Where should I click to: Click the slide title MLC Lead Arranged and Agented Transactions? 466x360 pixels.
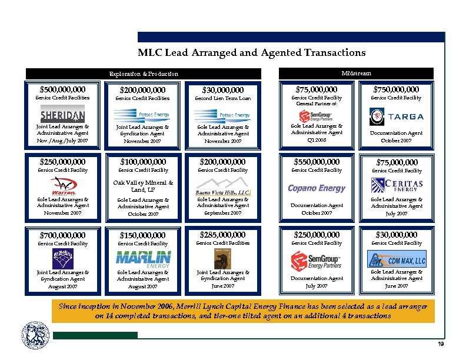[251, 53]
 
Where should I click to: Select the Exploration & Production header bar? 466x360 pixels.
[144, 74]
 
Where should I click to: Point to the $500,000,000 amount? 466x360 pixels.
[62, 89]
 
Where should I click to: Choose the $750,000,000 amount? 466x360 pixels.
[396, 89]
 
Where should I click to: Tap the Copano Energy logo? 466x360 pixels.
[317, 188]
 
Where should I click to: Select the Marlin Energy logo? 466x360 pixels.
[144, 258]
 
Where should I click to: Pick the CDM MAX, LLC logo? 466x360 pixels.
[396, 259]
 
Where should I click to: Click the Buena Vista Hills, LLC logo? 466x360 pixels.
[222, 192]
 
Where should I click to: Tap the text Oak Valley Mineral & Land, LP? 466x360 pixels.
[144, 186]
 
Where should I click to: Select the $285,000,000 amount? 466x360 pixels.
[222, 235]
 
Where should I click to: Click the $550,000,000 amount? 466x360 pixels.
[317, 161]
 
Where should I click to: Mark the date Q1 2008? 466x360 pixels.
[317, 141]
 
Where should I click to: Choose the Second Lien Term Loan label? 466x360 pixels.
[222, 98]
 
